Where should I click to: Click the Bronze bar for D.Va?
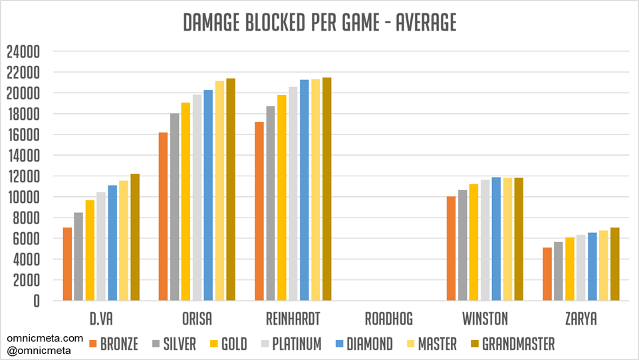point(67,264)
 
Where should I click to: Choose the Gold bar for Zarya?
point(570,269)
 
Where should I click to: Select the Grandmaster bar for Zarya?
point(615,264)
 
